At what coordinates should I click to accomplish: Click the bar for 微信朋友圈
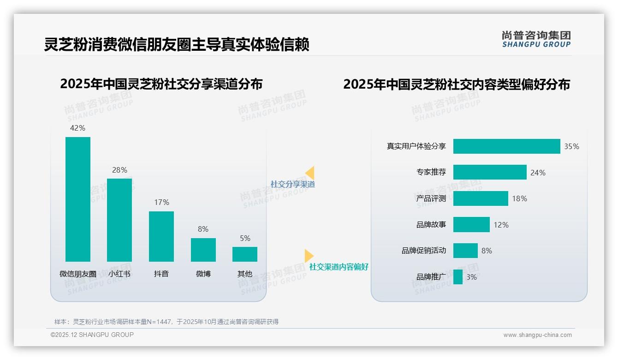click(x=78, y=199)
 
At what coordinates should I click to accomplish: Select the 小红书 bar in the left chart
click(x=119, y=220)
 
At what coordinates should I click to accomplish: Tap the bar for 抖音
click(x=161, y=236)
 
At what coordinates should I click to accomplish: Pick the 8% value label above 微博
click(x=203, y=229)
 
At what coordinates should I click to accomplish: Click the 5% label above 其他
click(x=245, y=238)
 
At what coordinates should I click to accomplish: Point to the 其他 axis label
click(x=245, y=274)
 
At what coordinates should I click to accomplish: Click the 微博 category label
click(x=203, y=274)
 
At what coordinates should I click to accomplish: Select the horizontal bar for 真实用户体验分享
click(x=506, y=146)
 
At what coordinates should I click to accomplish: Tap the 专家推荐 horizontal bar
click(x=490, y=172)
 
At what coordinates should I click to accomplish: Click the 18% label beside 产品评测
click(x=519, y=198)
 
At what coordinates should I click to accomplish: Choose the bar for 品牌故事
click(x=471, y=225)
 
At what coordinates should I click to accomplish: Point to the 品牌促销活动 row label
click(x=424, y=251)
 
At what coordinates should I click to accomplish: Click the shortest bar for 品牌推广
click(x=458, y=277)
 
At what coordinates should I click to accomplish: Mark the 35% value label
click(x=571, y=146)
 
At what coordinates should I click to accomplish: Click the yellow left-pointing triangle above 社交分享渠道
click(x=310, y=173)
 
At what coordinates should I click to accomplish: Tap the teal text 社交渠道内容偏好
click(x=339, y=267)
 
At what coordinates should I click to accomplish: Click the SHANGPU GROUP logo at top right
click(x=536, y=39)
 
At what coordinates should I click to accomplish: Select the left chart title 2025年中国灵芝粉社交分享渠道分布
click(x=161, y=84)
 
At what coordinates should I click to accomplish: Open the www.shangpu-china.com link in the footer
click(x=537, y=335)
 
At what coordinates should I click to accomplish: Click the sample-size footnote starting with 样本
click(x=166, y=322)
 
